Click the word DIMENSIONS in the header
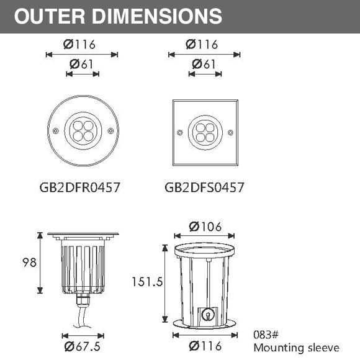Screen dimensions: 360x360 click(157, 16)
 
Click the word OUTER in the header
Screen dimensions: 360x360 click(50, 16)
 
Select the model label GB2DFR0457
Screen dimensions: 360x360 click(80, 187)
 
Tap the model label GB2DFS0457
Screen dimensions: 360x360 click(204, 187)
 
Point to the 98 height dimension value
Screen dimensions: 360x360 click(29, 263)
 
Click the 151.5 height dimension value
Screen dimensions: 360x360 click(147, 282)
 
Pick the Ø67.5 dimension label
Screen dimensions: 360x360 click(82, 346)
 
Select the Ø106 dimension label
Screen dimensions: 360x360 click(205, 227)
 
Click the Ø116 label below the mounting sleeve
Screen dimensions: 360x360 click(205, 346)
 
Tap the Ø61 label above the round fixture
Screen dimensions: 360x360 click(81, 64)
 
